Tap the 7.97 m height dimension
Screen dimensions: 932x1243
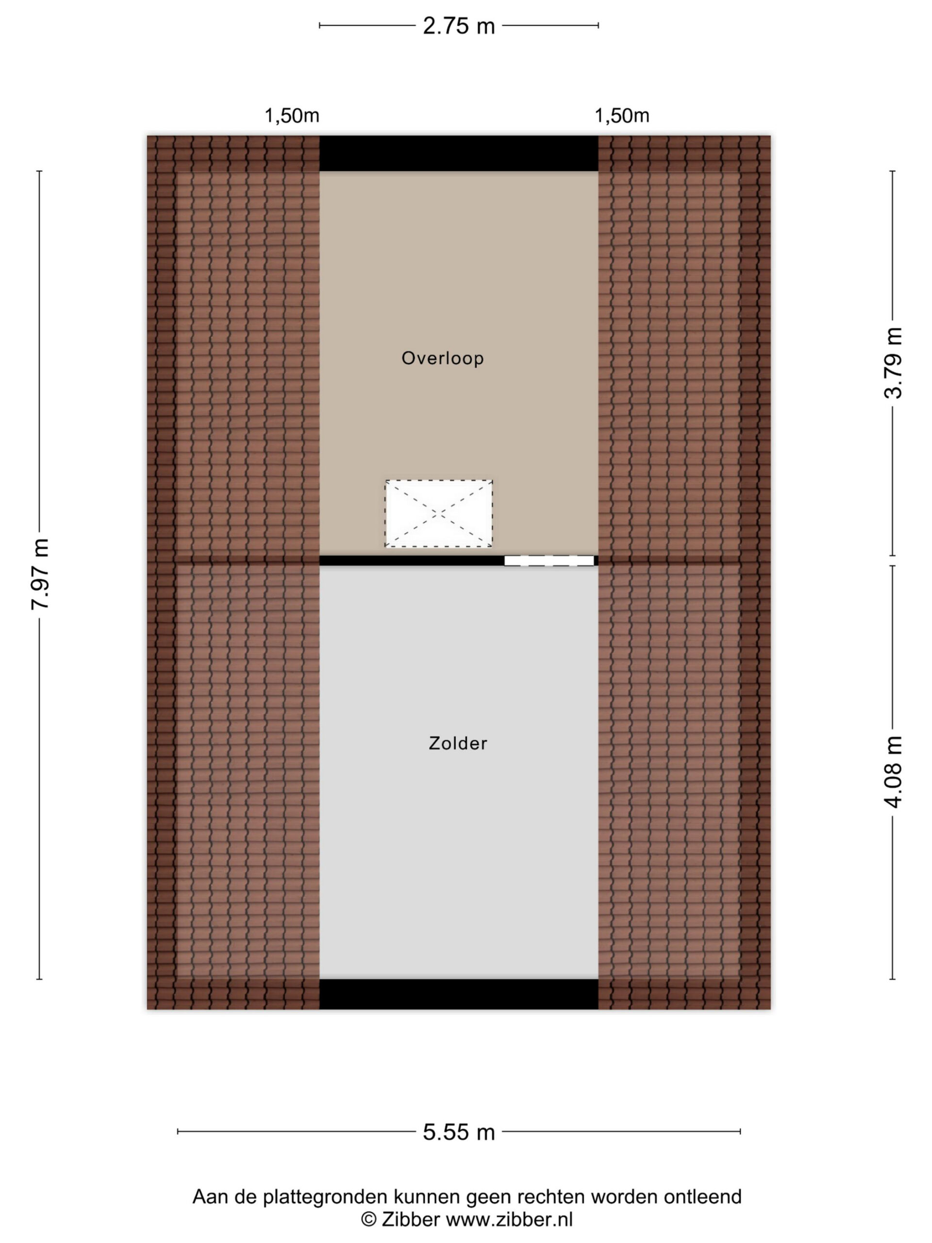point(41,574)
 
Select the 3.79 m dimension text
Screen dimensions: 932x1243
point(893,363)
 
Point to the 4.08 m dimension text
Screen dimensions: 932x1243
point(893,772)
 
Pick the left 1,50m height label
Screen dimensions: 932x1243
point(292,116)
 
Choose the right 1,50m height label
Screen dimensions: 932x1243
point(622,116)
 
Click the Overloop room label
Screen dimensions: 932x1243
point(443,358)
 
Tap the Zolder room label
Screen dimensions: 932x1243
point(458,743)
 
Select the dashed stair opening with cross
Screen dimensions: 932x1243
point(439,513)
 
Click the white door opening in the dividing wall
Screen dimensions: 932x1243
point(549,560)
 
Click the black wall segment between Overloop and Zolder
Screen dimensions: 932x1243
point(412,560)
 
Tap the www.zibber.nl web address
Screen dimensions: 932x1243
point(509,1219)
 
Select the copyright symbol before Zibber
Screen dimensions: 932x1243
point(368,1219)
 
